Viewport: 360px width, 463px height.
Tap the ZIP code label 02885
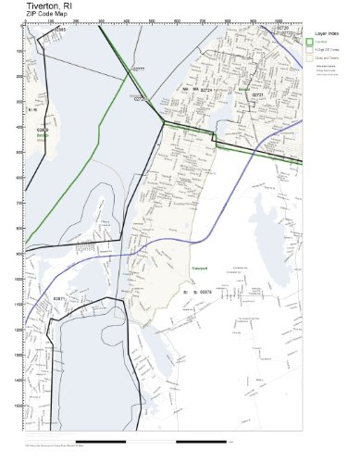(60, 30)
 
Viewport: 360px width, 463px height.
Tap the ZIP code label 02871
(60, 298)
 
